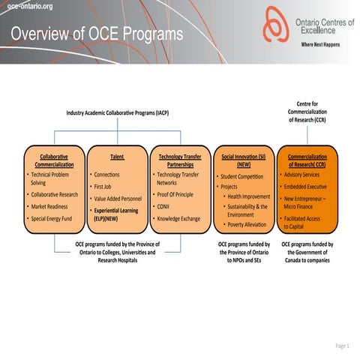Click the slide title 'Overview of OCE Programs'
(97, 34)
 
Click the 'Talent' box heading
(117, 157)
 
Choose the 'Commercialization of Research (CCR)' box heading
(307, 161)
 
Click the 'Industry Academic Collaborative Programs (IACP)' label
(118, 112)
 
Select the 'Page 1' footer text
(342, 346)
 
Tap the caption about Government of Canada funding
(307, 253)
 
